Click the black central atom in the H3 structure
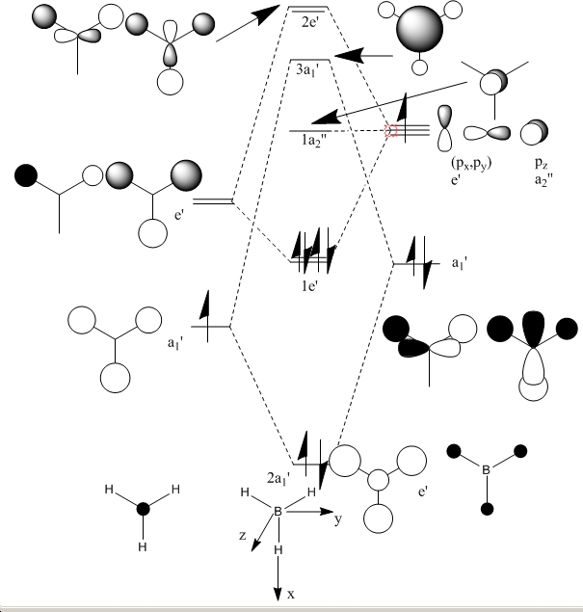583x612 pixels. click(x=144, y=508)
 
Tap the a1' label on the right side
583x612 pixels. click(x=464, y=263)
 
